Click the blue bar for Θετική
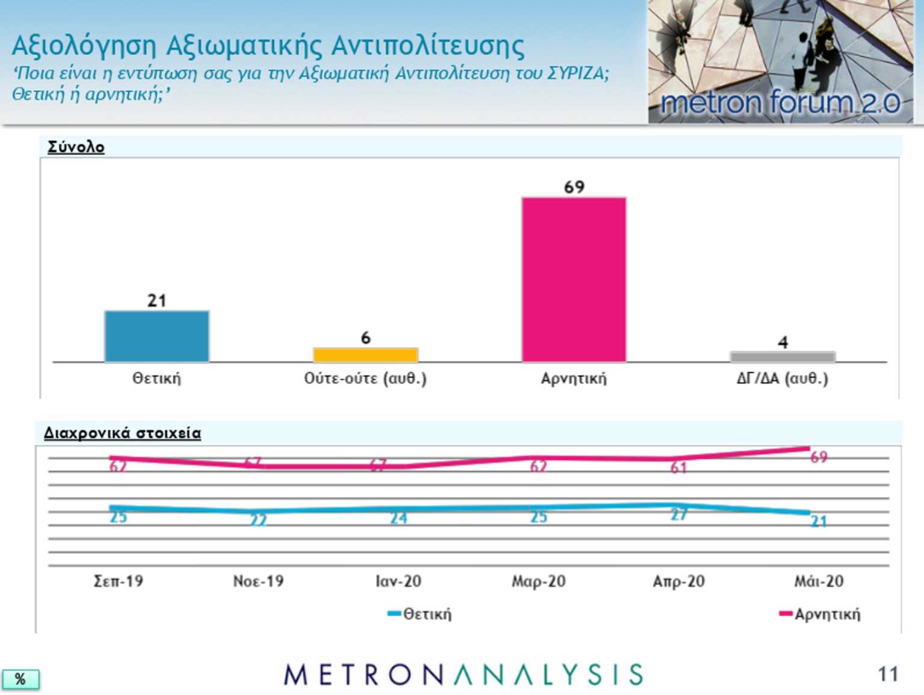pos(156,336)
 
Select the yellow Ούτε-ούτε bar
pos(365,355)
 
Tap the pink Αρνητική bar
pos(574,280)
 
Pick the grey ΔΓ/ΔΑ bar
pos(782,357)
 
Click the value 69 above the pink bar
pos(574,187)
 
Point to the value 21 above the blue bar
pos(156,300)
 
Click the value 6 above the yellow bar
pos(365,338)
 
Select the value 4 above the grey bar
pos(782,342)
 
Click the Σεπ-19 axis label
pos(119,581)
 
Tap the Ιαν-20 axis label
pos(398,581)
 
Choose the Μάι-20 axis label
pos(819,581)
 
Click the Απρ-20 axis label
pos(679,581)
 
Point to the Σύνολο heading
pos(76,147)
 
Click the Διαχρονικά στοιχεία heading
pos(122,433)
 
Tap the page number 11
pos(887,675)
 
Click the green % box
pos(20,679)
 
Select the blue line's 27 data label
pos(679,514)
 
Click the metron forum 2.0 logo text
pos(780,103)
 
